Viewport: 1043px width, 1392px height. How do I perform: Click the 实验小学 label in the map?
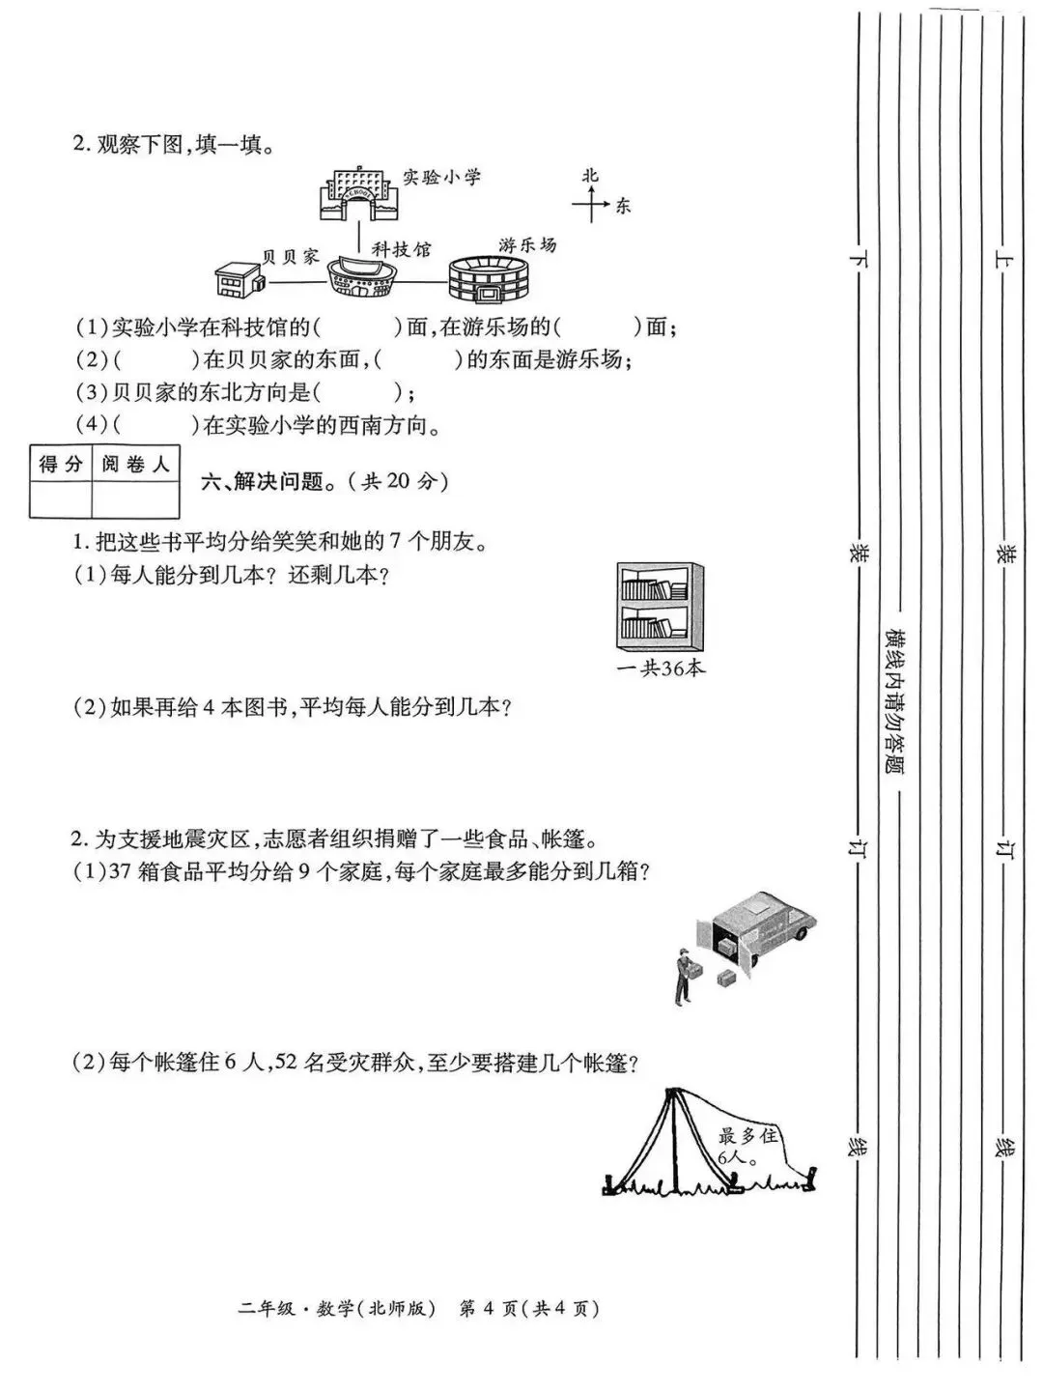pyautogui.click(x=441, y=178)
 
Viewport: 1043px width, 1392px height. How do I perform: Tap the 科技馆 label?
pyautogui.click(x=401, y=250)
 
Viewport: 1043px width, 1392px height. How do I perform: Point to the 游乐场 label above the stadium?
pyautogui.click(x=527, y=244)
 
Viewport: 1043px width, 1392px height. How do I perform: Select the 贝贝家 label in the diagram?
pyautogui.click(x=290, y=256)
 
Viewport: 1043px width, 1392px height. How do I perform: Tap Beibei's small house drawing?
pyautogui.click(x=240, y=278)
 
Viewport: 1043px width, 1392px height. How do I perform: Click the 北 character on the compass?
pyautogui.click(x=590, y=176)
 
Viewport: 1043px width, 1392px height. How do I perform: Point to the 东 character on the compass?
pyautogui.click(x=623, y=205)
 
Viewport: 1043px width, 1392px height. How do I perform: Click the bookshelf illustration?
pyautogui.click(x=654, y=607)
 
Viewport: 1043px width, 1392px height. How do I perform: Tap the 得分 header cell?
pyautogui.click(x=60, y=465)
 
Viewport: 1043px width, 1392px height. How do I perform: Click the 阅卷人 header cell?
pyautogui.click(x=135, y=465)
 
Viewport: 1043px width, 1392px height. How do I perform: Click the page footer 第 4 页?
pyautogui.click(x=489, y=1309)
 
